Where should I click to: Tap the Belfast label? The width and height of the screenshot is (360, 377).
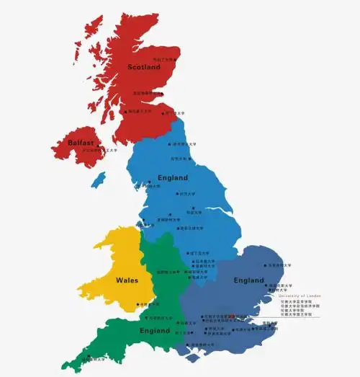81,143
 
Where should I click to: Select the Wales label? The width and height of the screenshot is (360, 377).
127,279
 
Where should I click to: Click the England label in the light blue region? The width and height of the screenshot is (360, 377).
172,177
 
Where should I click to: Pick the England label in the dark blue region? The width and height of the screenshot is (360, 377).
249,279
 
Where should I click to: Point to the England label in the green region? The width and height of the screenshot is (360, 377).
156,331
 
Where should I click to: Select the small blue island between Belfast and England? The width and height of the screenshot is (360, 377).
99,179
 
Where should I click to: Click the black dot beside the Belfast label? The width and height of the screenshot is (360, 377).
81,151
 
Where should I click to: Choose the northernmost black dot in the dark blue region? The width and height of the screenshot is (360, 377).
266,265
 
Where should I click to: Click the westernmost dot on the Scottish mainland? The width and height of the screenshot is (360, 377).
126,112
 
